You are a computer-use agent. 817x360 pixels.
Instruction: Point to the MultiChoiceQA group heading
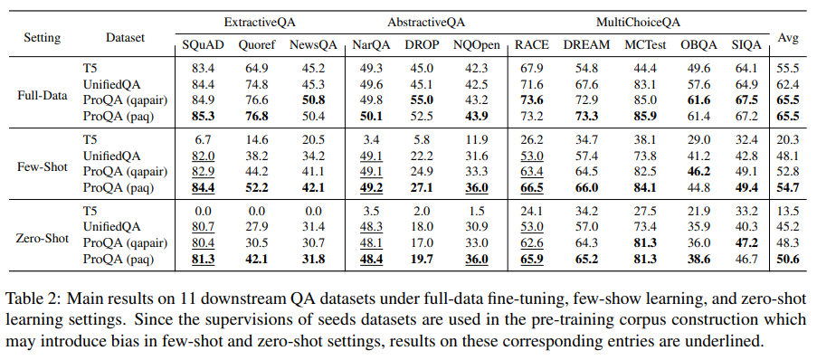[x=626, y=20]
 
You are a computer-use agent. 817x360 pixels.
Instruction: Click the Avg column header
[x=788, y=38]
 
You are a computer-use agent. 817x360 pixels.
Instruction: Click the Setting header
[x=42, y=38]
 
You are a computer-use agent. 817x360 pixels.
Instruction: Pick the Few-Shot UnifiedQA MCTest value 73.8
[x=644, y=156]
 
